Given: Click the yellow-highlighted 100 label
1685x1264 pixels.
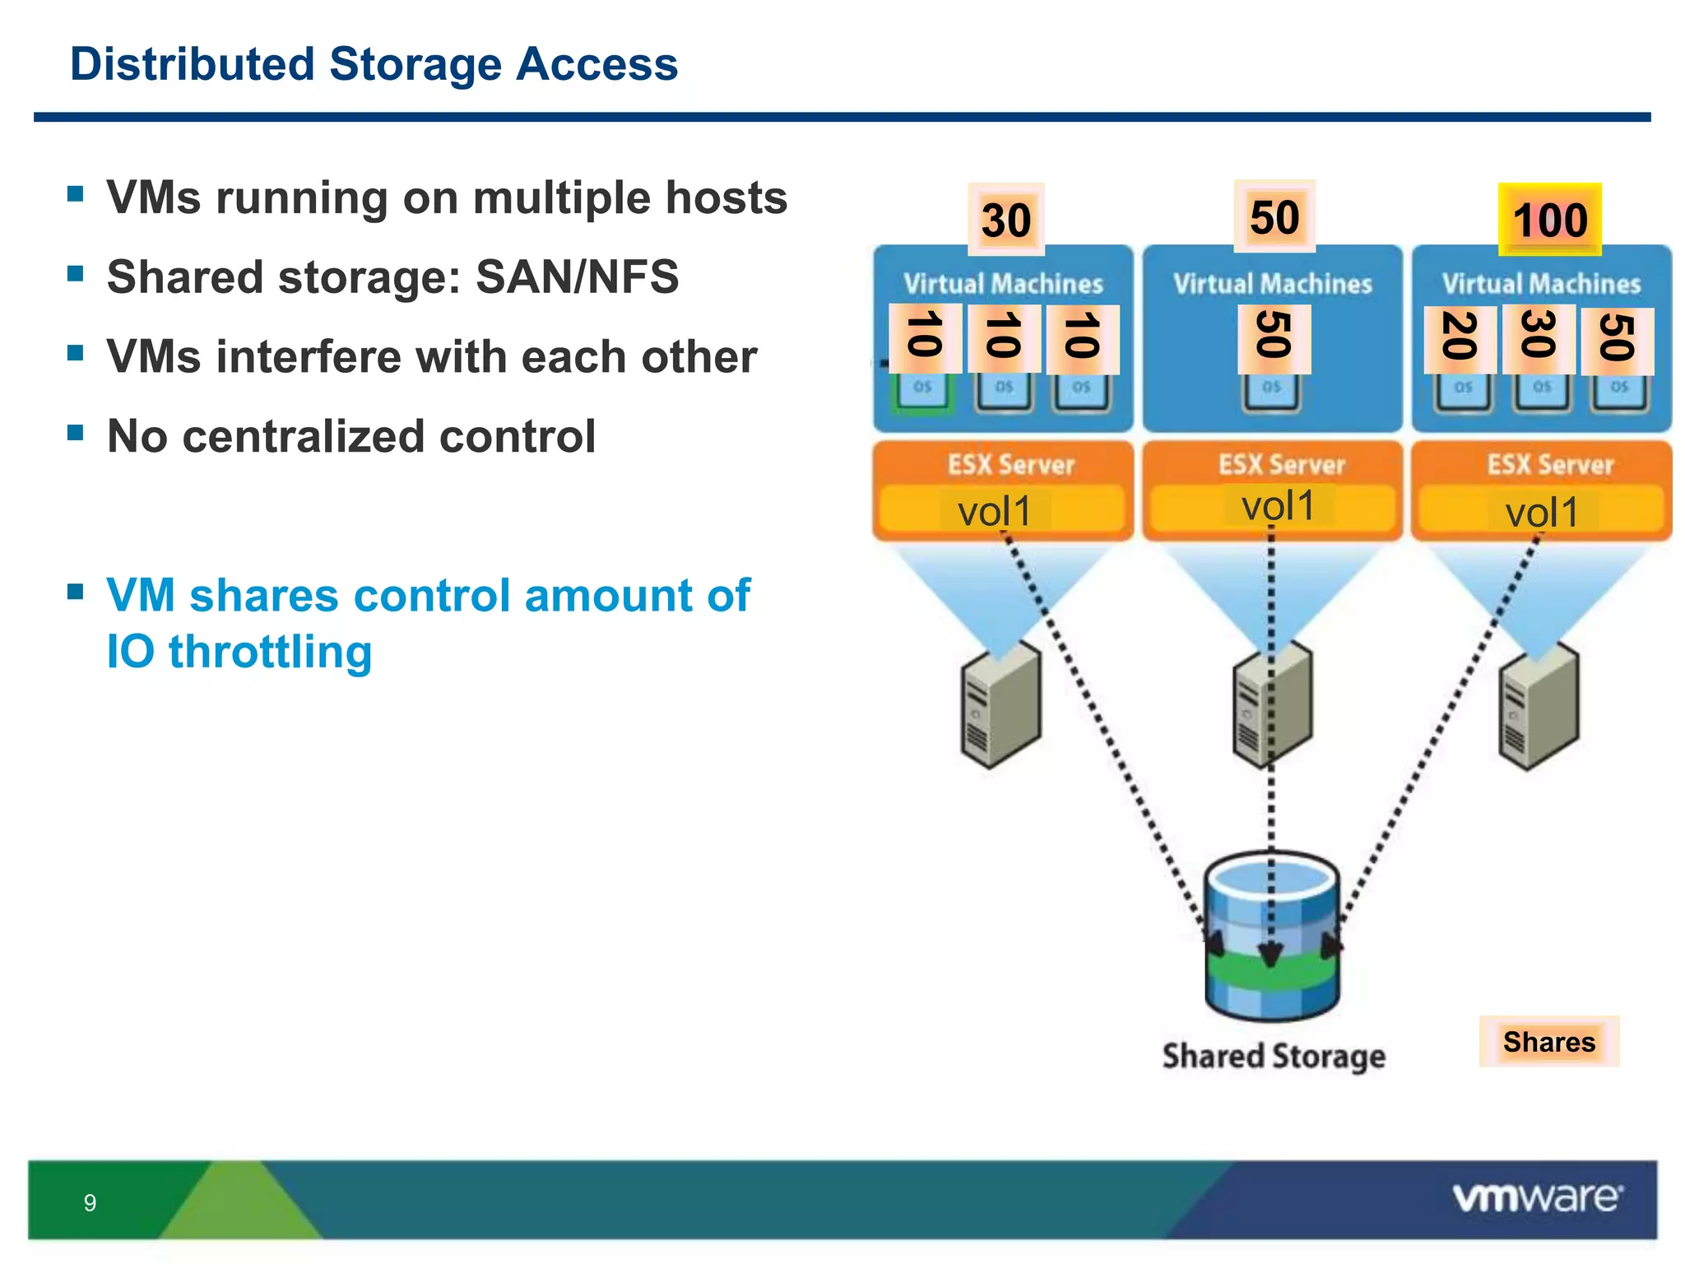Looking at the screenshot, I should pyautogui.click(x=1549, y=220).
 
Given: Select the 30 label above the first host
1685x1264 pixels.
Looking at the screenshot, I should pyautogui.click(x=1005, y=220).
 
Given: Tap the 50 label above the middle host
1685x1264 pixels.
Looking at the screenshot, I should pyautogui.click(x=1274, y=216).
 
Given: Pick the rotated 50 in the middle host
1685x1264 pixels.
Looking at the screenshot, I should pyautogui.click(x=1274, y=337).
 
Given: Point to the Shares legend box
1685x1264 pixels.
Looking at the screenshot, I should pyautogui.click(x=1548, y=1042).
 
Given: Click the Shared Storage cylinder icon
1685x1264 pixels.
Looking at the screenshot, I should pyautogui.click(x=1272, y=936).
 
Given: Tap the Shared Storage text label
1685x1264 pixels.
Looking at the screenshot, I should pyautogui.click(x=1273, y=1056).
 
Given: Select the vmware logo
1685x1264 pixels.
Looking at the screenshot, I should pyautogui.click(x=1537, y=1197).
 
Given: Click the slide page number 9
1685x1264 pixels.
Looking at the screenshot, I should pyautogui.click(x=90, y=1203).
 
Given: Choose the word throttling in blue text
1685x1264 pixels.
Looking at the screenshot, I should pyautogui.click(x=270, y=652).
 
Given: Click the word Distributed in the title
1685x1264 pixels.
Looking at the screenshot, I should pyautogui.click(x=192, y=64).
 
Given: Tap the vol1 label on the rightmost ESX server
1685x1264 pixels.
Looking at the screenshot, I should pyautogui.click(x=1541, y=513).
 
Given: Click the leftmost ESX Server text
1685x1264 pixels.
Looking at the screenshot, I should pyautogui.click(x=1011, y=465).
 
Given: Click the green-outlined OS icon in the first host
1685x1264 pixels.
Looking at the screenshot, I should pyautogui.click(x=922, y=390).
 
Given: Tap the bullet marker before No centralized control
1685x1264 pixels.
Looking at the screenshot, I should pyautogui.click(x=76, y=433).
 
